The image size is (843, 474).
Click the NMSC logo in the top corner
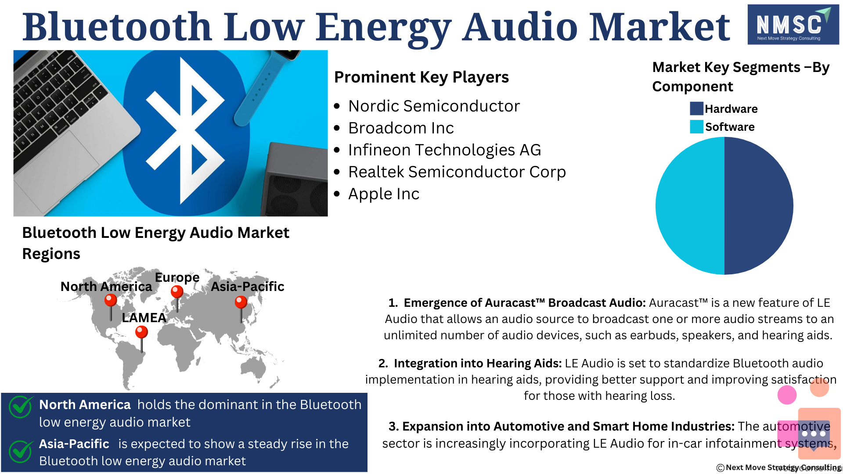coord(793,25)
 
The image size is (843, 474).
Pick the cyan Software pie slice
coord(690,206)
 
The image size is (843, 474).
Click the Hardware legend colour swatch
coord(696,108)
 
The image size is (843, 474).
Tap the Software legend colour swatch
coord(696,127)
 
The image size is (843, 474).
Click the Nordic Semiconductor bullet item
coord(434,106)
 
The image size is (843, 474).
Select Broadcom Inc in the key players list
coord(401,128)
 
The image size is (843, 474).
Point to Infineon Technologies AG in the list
coord(444,150)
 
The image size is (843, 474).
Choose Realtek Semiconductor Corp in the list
coord(457,172)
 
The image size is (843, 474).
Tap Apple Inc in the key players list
coord(384,194)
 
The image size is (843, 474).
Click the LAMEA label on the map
coord(144,318)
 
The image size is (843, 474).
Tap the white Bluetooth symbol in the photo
coord(185,131)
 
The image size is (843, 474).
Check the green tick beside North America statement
coord(21,407)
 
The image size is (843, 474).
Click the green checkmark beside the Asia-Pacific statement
coord(21,451)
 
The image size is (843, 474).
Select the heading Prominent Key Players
coord(421,77)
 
